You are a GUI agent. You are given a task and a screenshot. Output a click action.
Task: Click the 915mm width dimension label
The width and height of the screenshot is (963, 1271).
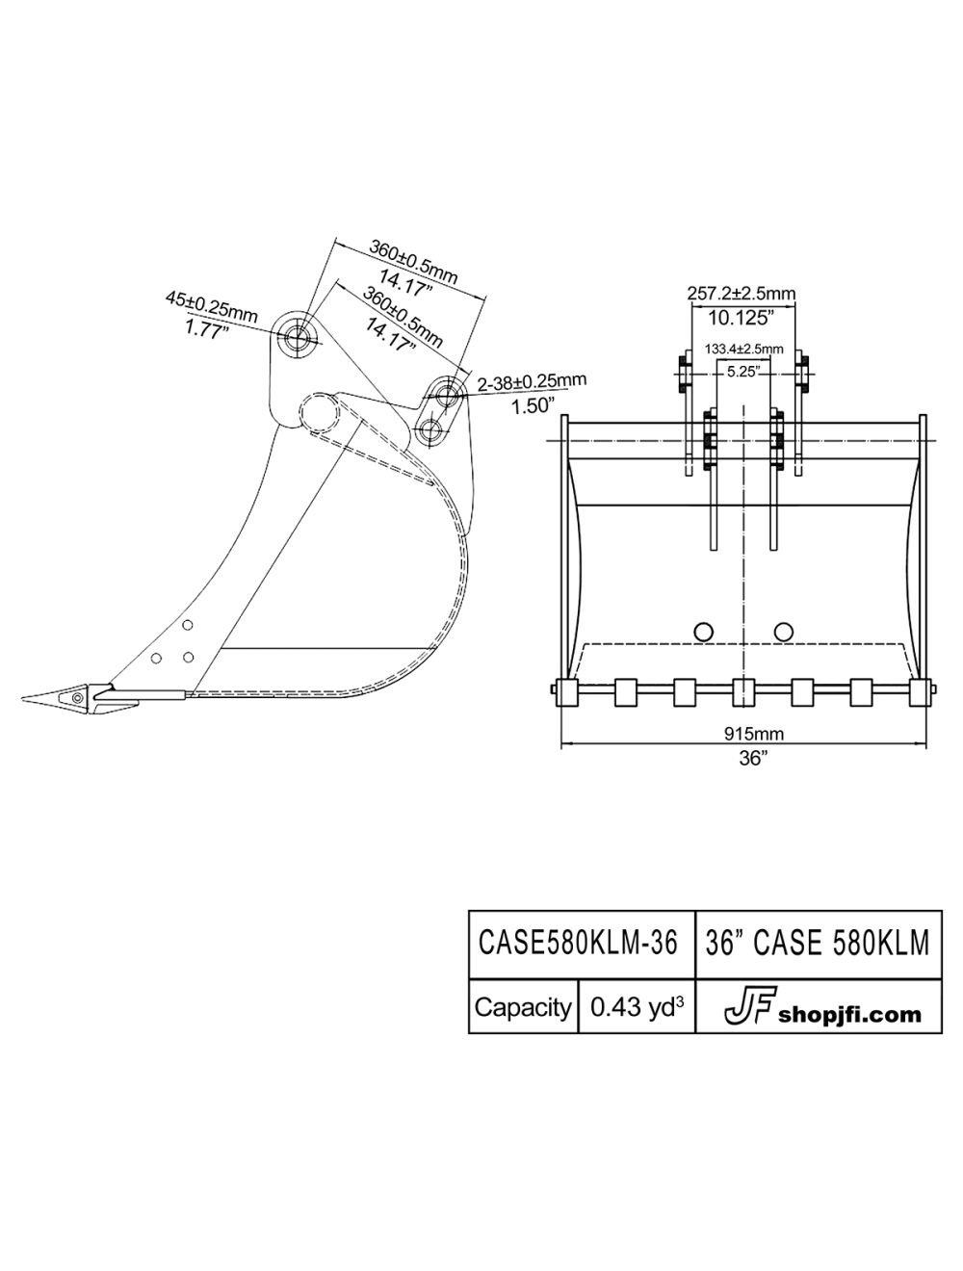(754, 734)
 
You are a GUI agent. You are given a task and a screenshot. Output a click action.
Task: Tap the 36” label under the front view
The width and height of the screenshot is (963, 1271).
(753, 757)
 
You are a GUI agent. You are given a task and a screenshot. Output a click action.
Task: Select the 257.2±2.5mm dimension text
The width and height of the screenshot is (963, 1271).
(742, 293)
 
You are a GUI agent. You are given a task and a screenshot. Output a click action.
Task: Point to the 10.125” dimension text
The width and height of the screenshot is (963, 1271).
(741, 315)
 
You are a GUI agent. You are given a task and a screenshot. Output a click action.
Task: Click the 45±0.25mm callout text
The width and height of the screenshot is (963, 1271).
(211, 303)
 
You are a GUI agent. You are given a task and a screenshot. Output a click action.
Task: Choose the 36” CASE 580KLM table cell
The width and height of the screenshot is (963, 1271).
(818, 943)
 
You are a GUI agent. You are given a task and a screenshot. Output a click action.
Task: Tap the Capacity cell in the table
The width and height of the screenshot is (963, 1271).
(523, 1007)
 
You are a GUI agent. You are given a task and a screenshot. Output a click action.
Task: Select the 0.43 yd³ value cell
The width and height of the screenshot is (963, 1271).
(637, 1007)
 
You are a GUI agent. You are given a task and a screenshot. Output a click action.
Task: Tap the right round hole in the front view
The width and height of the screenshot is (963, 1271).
(783, 631)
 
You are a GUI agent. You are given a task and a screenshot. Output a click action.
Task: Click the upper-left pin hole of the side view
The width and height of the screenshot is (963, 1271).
(296, 336)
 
